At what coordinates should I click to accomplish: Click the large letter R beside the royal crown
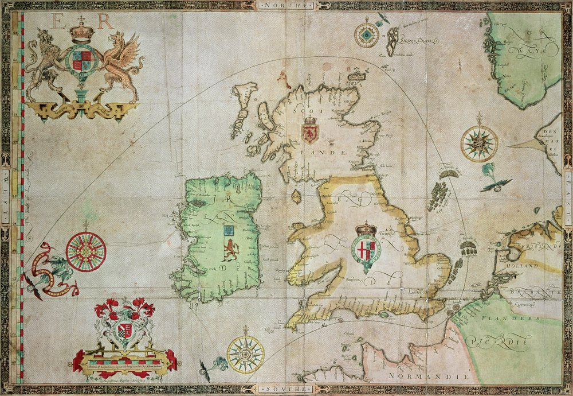(x=105, y=22)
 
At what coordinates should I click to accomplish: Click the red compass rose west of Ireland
(x=86, y=251)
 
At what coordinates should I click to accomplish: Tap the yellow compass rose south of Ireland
(x=245, y=354)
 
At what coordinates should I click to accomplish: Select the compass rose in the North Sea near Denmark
(x=479, y=143)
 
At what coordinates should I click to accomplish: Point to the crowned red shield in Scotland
(x=310, y=131)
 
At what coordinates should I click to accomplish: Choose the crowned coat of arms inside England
(x=366, y=245)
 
